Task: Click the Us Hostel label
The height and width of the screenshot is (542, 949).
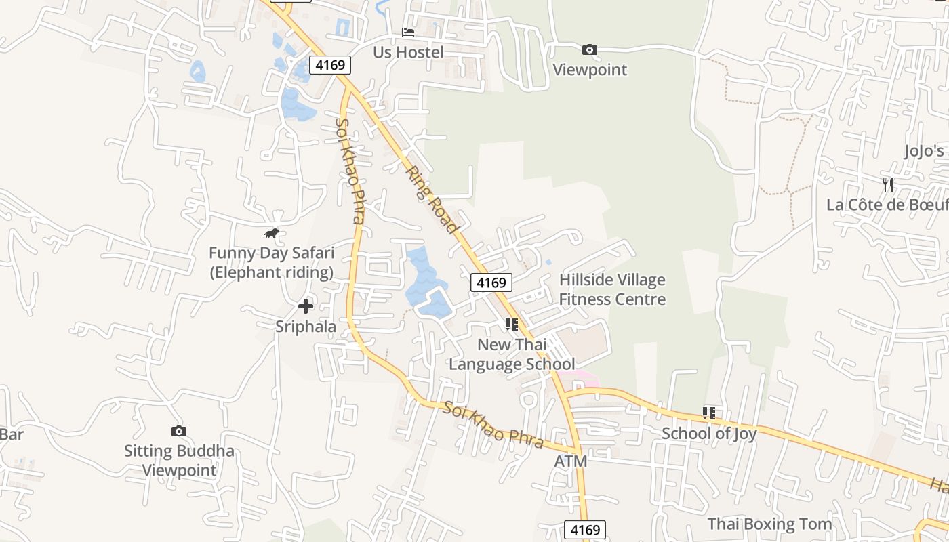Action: [408, 52]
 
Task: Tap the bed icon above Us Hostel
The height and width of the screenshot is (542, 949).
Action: [408, 32]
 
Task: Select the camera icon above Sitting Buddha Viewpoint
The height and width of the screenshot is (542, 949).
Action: [179, 431]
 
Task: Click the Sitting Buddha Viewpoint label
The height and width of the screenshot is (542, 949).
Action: [179, 461]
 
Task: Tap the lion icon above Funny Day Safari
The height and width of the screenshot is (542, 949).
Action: [272, 234]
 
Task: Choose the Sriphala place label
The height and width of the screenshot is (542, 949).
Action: [306, 327]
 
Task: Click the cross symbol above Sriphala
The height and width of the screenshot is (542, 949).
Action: [306, 306]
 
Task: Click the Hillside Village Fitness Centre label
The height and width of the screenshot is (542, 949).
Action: [612, 289]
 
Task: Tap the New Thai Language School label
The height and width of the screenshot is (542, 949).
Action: [512, 354]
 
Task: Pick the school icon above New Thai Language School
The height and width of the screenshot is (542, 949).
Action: [512, 325]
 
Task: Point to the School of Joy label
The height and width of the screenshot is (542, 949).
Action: [709, 434]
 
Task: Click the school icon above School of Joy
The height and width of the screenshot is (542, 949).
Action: [709, 413]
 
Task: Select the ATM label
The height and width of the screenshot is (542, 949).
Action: [571, 461]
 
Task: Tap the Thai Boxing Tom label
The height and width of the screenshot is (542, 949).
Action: [769, 524]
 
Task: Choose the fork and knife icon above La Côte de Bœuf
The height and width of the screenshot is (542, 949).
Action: [888, 184]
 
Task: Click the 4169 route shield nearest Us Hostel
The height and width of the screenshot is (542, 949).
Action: [331, 65]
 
